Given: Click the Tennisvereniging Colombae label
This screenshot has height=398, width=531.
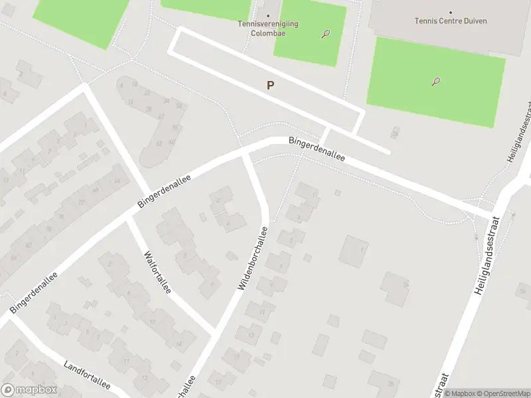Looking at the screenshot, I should pos(268,29).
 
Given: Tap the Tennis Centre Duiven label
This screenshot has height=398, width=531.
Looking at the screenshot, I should pos(451,21).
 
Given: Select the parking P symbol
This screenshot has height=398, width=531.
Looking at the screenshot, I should pos(270,85).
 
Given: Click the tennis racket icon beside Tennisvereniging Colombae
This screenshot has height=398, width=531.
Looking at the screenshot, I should pos(325,34).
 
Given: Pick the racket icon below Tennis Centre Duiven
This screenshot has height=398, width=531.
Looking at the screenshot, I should pos(435,82).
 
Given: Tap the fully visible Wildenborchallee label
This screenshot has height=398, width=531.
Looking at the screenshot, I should pos(252,257).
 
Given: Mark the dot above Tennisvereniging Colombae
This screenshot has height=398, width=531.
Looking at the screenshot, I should pos(268,15).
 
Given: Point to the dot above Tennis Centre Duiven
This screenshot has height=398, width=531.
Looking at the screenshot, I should pos(451,12).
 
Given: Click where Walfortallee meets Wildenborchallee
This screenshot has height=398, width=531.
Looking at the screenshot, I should pos(212,330).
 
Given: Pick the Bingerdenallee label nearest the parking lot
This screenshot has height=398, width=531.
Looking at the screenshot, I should pos(317,150).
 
